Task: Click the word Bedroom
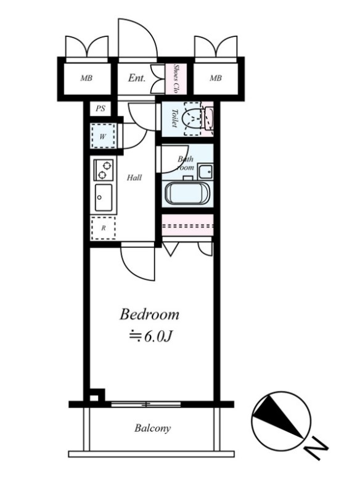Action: (x=149, y=314)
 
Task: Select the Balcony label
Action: (x=152, y=429)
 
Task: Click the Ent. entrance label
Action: (x=137, y=78)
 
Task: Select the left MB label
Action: (x=86, y=78)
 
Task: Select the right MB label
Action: (x=216, y=78)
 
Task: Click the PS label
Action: (x=100, y=109)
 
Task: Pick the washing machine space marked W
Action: (x=103, y=136)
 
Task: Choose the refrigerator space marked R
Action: (x=104, y=228)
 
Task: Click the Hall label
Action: (x=134, y=178)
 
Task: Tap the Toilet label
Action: (x=174, y=118)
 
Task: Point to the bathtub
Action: (x=187, y=193)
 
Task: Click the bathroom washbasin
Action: (x=205, y=171)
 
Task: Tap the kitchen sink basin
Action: (x=104, y=197)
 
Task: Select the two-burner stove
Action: (x=104, y=170)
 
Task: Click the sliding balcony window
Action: (x=146, y=404)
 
